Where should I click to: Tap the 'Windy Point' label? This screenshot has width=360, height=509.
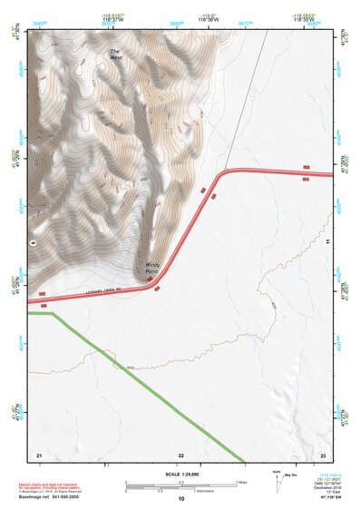152,269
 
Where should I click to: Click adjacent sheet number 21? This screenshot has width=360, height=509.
39,454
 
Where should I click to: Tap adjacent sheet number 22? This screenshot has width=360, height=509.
180,454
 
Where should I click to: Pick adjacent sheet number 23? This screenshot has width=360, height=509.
323,454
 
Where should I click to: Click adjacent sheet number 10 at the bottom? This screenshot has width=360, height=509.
181,498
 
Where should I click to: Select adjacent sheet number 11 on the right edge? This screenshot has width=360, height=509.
326,243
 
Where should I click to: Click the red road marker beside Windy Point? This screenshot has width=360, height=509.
150,279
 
